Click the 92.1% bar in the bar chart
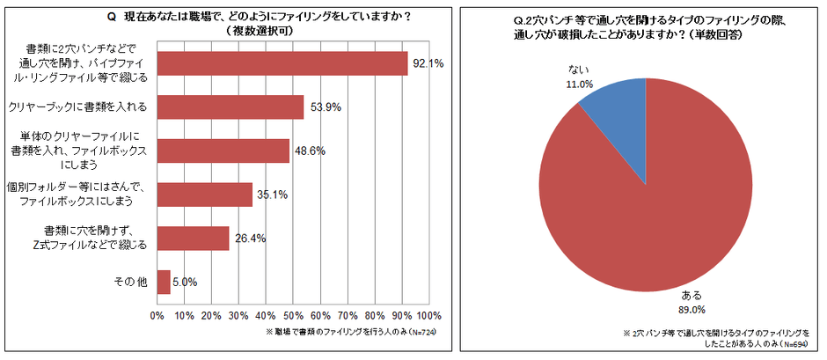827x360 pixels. coord(282,63)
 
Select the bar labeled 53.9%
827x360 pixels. coord(231,107)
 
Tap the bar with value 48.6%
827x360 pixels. coord(223,151)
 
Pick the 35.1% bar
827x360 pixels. coord(205,194)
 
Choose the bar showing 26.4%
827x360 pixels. coord(194,238)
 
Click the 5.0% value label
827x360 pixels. coord(185,282)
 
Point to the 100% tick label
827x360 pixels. coord(428,315)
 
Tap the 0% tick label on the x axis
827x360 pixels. coord(157,315)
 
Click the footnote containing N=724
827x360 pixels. coord(352,332)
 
